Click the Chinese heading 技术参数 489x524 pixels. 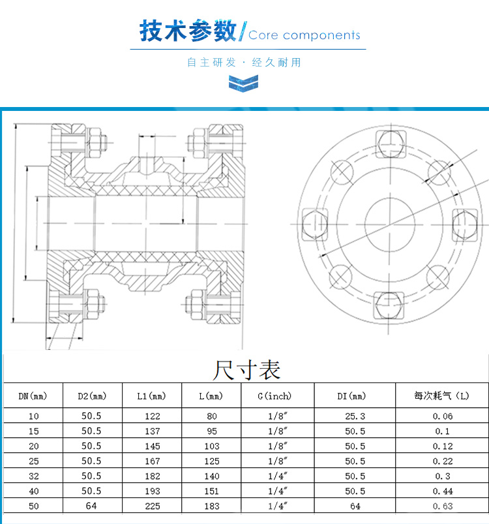tap(188, 31)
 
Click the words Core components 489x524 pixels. tap(304, 35)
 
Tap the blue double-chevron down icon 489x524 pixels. tap(243, 84)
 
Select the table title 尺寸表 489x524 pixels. tap(246, 370)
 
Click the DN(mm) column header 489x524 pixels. tap(33, 396)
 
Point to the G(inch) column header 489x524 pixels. tap(274, 396)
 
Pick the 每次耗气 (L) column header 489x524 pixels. tap(442, 395)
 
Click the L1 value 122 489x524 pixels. tap(152, 416)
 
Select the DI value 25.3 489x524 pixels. tap(355, 416)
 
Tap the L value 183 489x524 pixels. tap(212, 506)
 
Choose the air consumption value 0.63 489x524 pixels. tap(443, 506)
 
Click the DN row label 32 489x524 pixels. tap(34, 476)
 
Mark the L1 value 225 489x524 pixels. tap(152, 506)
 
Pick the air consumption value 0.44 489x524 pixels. tap(443, 491)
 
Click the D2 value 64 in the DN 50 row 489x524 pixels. tap(91, 506)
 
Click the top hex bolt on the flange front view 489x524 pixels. tap(391, 144)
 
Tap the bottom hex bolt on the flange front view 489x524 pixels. tap(389, 305)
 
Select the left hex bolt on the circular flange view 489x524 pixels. tap(315, 224)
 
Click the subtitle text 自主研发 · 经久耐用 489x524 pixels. tap(244, 62)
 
